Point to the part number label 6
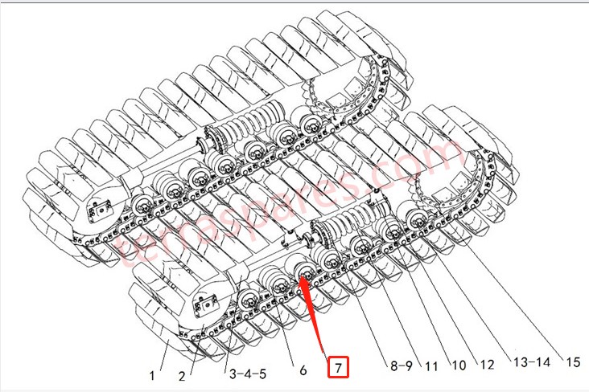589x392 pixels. coord(302,370)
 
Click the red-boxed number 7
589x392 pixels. coord(340,368)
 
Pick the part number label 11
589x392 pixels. coord(430,366)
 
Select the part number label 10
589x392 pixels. coord(459,365)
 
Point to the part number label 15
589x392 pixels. coord(572,361)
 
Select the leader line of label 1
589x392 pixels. coord(162,354)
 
